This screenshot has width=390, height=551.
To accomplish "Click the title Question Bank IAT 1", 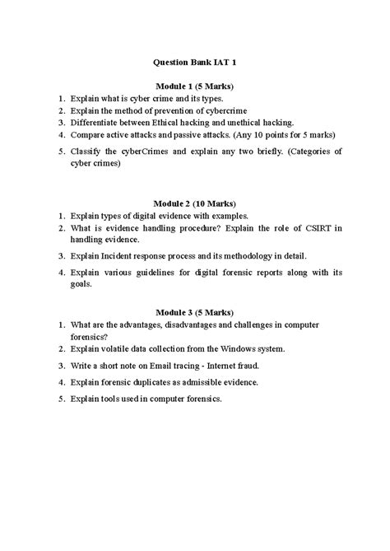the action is point(195,62).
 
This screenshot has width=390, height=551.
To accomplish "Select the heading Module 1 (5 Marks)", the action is point(195,85).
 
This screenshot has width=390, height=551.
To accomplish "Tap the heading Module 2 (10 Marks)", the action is point(195,203).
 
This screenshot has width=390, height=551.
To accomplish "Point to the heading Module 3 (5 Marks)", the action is point(195,313).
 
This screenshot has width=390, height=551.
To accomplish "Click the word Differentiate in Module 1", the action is point(96,122).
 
